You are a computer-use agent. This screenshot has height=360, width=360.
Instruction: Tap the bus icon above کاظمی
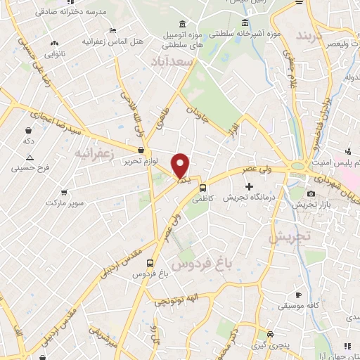click(202, 188)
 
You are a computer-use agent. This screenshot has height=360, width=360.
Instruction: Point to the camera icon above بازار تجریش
click(311, 193)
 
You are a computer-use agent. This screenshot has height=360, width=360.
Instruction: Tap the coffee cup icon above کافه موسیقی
click(298, 295)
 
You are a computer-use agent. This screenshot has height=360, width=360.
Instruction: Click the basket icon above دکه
click(28, 131)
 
